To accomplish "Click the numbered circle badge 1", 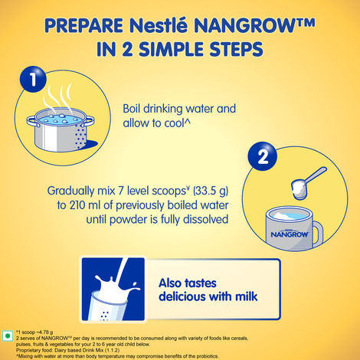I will [31, 79].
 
